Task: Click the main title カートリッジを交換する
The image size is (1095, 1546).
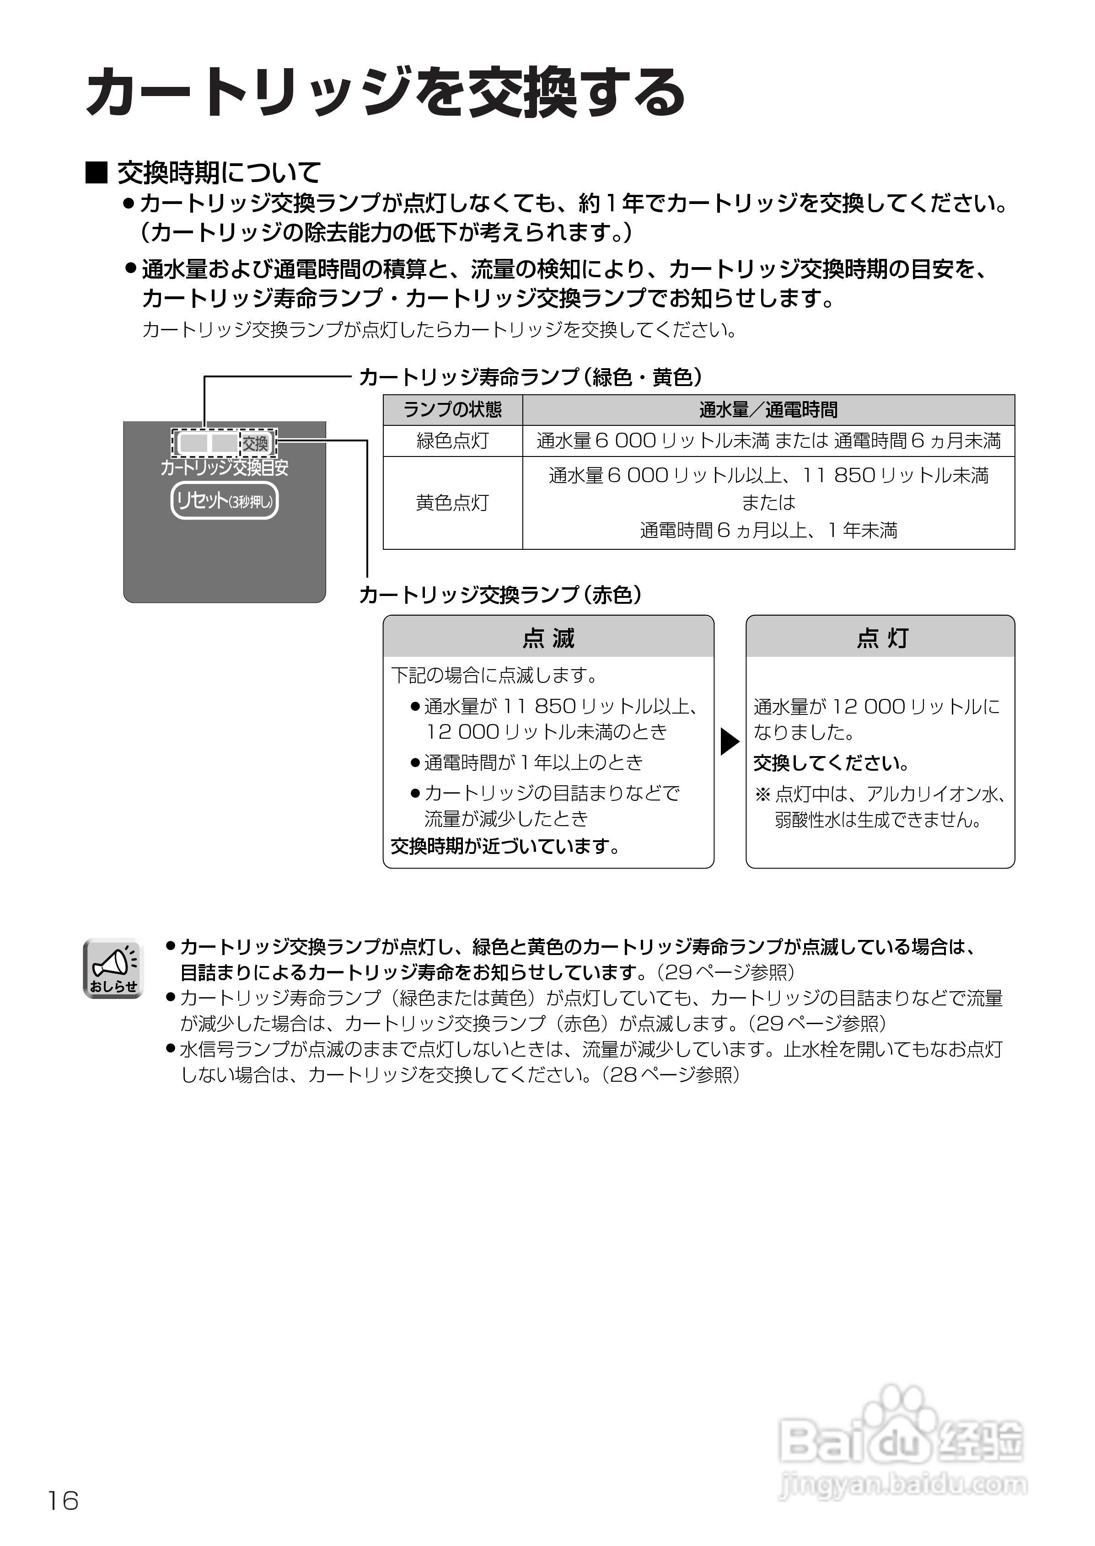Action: [x=385, y=92]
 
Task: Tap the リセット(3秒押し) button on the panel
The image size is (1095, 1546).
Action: [x=225, y=501]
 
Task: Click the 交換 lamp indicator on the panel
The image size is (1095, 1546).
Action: [x=256, y=443]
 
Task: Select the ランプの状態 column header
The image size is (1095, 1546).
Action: [x=452, y=410]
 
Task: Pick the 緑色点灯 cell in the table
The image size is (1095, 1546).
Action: [x=452, y=441]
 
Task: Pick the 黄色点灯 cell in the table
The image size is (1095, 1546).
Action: [x=452, y=503]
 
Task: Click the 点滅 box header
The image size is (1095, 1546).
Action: [x=548, y=637]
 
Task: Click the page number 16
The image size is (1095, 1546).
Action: [x=63, y=1501]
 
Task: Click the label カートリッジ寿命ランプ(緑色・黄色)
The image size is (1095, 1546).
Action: [x=531, y=377]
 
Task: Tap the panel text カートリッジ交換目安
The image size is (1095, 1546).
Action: [x=225, y=467]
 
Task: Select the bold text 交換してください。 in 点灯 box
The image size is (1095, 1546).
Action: [x=832, y=763]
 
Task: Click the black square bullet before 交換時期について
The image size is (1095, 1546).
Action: [x=97, y=173]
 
